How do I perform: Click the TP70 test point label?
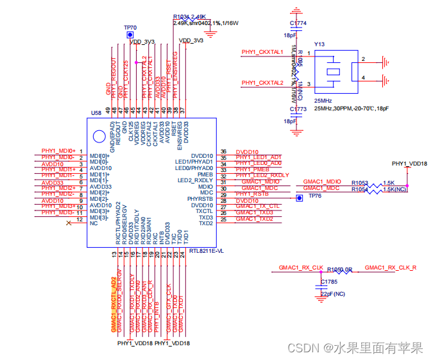pyautogui.click(x=130, y=28)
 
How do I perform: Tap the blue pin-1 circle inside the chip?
pyautogui.click(x=99, y=136)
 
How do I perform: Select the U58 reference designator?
pyautogui.click(x=96, y=112)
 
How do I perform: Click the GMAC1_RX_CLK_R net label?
pyautogui.click(x=391, y=267)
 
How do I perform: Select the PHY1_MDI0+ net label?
pyautogui.click(x=58, y=150)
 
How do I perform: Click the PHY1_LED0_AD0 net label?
pyautogui.click(x=259, y=163)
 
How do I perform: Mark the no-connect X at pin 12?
pyautogui.click(x=69, y=223)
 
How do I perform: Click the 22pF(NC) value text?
pyautogui.click(x=332, y=293)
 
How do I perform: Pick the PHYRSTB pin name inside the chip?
pyautogui.click(x=201, y=199)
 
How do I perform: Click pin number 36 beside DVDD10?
pyautogui.click(x=223, y=151)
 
